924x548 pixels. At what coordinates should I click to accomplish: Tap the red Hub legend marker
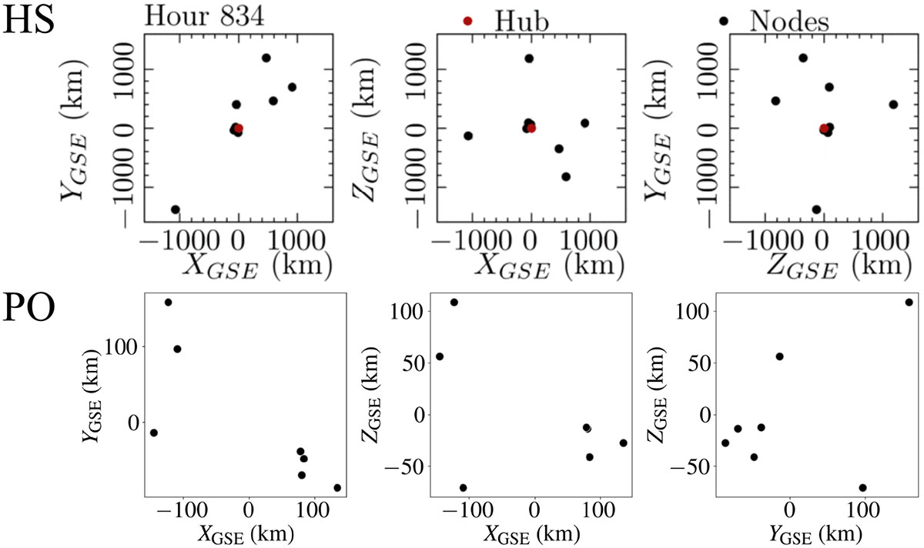coord(467,21)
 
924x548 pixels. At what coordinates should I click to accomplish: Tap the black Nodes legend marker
coord(723,21)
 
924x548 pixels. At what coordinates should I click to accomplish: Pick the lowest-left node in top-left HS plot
coord(176,209)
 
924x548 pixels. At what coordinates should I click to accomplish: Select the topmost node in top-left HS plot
coord(266,58)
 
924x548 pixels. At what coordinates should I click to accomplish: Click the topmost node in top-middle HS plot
coord(529,58)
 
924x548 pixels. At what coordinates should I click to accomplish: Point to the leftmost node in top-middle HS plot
coord(467,135)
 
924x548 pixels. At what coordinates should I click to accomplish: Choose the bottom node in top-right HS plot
coord(816,209)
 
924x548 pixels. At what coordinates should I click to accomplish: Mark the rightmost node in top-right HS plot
coord(893,104)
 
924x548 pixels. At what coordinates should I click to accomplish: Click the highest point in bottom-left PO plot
coord(169,302)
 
